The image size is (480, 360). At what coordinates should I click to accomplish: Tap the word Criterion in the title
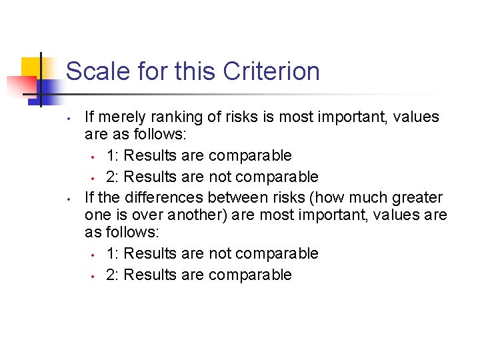click(x=272, y=71)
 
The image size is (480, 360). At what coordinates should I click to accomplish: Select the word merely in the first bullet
click(x=126, y=117)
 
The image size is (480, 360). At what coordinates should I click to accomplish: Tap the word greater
click(x=413, y=198)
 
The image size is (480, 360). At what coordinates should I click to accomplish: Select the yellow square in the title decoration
click(x=31, y=67)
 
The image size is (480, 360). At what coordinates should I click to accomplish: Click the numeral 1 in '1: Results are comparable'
click(x=110, y=156)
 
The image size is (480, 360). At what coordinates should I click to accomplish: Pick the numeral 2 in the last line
click(x=110, y=275)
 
